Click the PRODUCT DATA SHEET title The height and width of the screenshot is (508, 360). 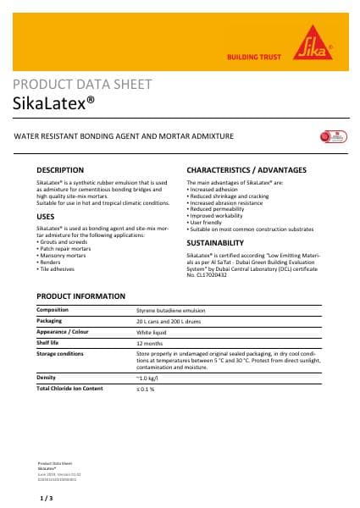coord(83,85)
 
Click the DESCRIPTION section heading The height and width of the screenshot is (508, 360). coord(60,170)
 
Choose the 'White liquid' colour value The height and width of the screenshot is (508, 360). coord(152,332)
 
